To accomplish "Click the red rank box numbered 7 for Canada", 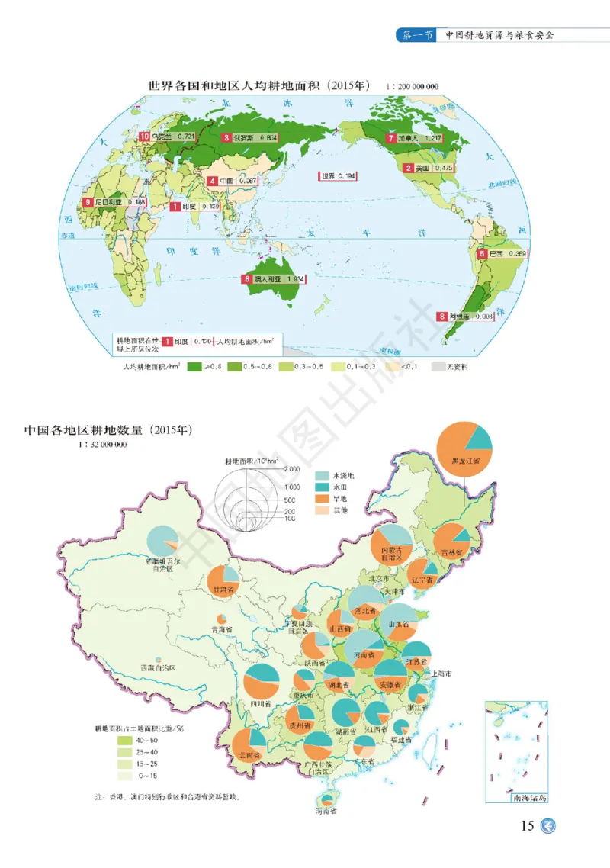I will point(390,139).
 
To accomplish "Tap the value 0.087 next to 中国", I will point(246,181).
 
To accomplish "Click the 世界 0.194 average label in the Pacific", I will point(338,176).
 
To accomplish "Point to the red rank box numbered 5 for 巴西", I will point(483,253).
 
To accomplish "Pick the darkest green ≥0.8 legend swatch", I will point(194,367).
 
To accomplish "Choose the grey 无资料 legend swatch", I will point(438,367).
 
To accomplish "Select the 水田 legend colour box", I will point(323,487).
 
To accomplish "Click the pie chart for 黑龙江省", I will point(464,448).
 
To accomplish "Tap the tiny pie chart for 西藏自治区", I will point(158,658).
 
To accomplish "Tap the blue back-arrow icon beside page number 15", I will point(547,827).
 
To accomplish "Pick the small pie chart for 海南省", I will point(328,800).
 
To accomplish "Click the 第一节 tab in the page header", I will point(418,35).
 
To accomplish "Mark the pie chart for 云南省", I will point(249,746).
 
